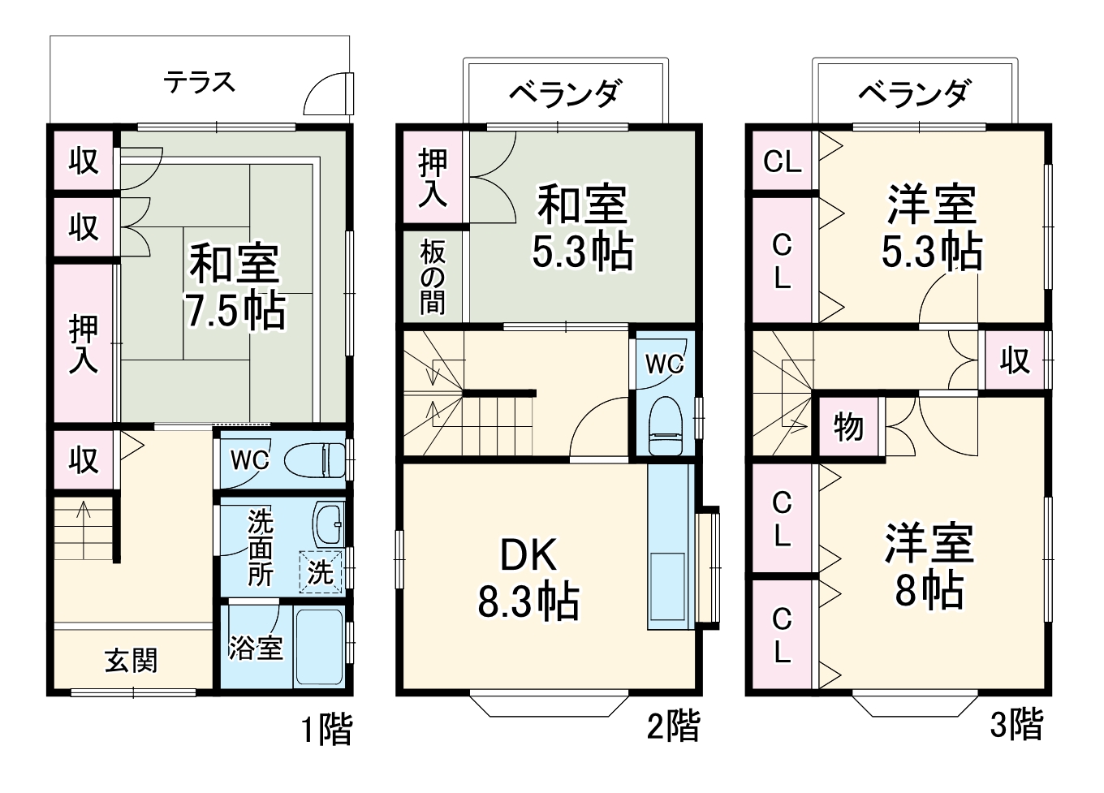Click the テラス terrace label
[199, 82]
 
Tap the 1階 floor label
[327, 728]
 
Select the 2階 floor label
[673, 725]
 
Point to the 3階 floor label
[1016, 723]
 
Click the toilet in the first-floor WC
[309, 460]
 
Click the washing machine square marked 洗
[321, 572]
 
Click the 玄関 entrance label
[132, 660]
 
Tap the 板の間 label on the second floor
[433, 278]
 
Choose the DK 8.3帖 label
[528, 579]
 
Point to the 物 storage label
[848, 426]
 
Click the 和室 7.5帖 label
[235, 286]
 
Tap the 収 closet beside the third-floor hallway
[1014, 360]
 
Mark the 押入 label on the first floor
[83, 344]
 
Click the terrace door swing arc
[328, 93]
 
